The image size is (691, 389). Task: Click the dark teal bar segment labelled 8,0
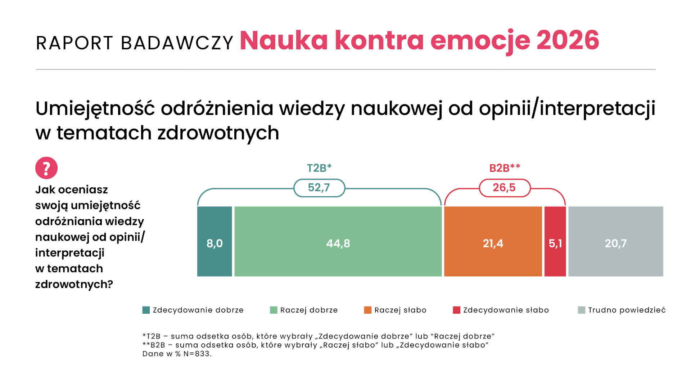point(214,241)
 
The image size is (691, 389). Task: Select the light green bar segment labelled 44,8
point(338,241)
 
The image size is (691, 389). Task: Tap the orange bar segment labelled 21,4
point(493,241)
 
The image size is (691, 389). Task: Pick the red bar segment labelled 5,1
point(555,241)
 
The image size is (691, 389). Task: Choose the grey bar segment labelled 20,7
point(616,241)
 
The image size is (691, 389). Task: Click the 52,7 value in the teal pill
point(319,188)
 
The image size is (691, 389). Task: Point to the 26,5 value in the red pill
point(504,188)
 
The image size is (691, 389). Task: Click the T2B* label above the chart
point(319,168)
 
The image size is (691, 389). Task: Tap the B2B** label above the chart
point(505,168)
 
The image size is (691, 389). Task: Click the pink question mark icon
point(46,168)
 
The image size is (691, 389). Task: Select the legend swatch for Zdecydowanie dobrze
point(146,310)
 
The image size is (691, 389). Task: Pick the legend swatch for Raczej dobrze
point(274,310)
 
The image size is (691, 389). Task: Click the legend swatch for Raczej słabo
point(368,310)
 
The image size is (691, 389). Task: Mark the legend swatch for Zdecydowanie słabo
point(457,310)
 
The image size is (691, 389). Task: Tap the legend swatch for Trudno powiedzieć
point(582,310)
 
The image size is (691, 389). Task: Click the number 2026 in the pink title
point(568,40)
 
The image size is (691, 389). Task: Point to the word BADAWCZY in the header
point(177,43)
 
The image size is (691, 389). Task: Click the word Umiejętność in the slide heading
point(95,109)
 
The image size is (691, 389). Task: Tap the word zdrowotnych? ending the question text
point(74,285)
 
